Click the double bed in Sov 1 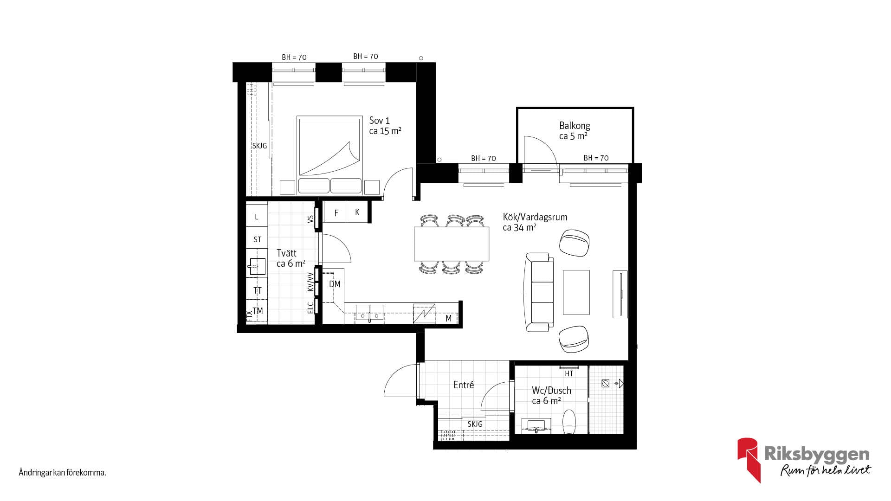329,155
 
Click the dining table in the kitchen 452,244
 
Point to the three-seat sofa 539,292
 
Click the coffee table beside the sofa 576,292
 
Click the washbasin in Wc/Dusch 536,426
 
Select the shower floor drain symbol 605,384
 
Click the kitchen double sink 369,313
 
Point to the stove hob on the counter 425,314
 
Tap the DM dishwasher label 335,284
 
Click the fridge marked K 357,212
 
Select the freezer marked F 336,213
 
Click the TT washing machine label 257,291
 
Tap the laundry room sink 257,267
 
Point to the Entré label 464,385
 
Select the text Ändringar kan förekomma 63,473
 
